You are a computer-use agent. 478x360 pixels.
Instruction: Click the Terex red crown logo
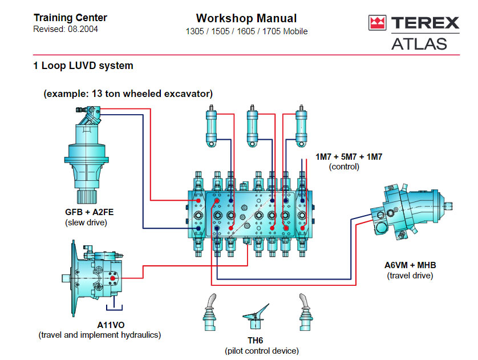[378, 23]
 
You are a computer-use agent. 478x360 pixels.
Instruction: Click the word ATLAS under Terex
[419, 44]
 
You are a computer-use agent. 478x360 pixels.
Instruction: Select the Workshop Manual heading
[246, 18]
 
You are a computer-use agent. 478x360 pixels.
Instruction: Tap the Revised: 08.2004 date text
[66, 29]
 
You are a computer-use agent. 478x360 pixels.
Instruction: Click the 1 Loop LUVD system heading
[83, 66]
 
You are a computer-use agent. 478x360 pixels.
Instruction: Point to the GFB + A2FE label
[90, 212]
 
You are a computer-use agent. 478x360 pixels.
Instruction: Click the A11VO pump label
[111, 325]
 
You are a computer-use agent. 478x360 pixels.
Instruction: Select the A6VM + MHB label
[410, 265]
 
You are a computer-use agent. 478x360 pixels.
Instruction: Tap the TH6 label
[255, 341]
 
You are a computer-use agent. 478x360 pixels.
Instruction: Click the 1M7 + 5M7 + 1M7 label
[349, 157]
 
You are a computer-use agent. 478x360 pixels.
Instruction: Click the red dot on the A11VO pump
[112, 278]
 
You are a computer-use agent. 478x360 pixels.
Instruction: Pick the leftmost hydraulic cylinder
[211, 126]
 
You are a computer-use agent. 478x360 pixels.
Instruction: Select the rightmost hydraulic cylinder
[301, 126]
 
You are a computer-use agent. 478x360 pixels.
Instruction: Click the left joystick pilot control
[210, 312]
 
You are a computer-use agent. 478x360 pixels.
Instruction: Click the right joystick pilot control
[306, 312]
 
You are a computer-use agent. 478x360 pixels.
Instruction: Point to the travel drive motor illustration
[411, 211]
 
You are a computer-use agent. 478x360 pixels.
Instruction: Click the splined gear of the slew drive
[87, 196]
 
